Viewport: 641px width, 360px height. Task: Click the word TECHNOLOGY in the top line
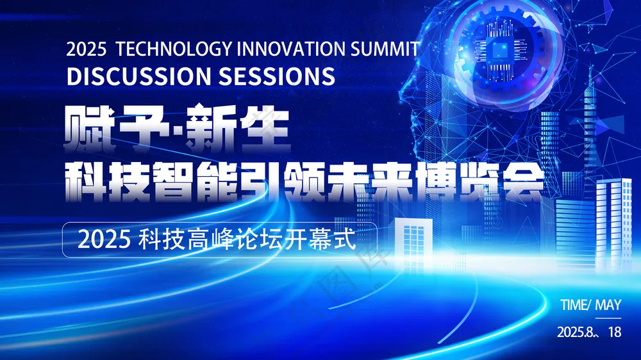[x=174, y=49]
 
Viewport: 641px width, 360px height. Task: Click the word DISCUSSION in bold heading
[x=139, y=76]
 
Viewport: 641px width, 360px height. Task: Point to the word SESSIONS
[x=277, y=76]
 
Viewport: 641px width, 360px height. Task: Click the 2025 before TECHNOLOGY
[x=87, y=49]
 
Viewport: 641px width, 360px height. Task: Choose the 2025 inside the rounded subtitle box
[x=104, y=240]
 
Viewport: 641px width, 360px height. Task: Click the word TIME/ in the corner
[x=575, y=305]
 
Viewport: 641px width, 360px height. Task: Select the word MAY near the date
[x=608, y=305]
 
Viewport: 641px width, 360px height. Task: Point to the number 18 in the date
[x=615, y=332]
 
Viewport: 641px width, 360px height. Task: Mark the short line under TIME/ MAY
[x=590, y=318]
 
